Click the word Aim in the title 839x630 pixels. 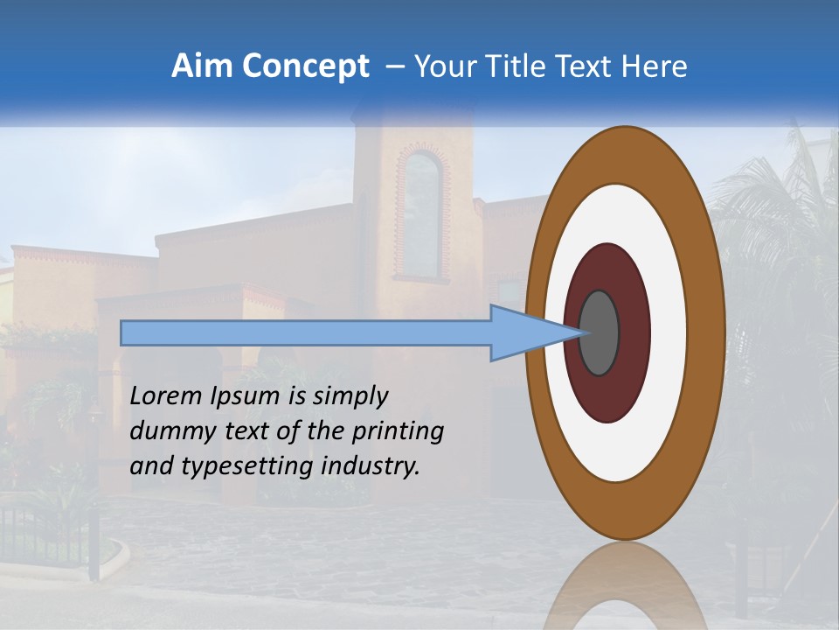pos(198,66)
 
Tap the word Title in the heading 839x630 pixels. pos(522,66)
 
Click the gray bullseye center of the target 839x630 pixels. pos(599,333)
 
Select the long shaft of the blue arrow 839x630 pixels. pos(306,333)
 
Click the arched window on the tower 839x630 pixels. pos(421,214)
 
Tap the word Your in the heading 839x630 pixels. pos(445,66)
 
